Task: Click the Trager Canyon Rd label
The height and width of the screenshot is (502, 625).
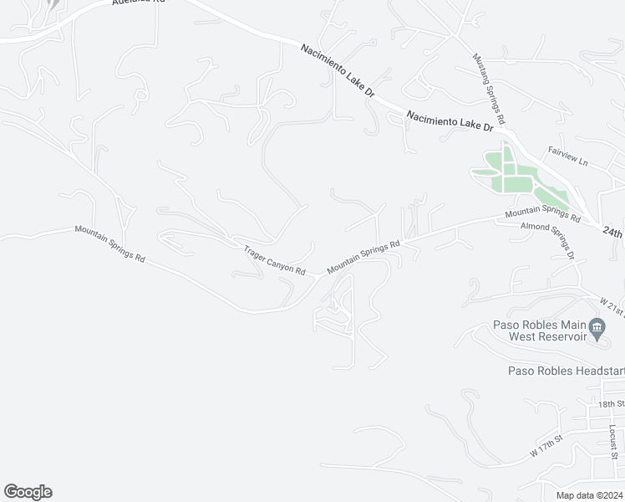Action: coord(274,260)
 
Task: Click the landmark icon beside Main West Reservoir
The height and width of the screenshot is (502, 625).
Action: coord(597,329)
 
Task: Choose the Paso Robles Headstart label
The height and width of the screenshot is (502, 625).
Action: coord(566,371)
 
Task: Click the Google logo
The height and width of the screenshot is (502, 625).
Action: coord(28,492)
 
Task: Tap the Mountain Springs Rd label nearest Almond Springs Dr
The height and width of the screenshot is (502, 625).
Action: coord(542,214)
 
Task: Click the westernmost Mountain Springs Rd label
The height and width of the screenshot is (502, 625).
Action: coord(109,243)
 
